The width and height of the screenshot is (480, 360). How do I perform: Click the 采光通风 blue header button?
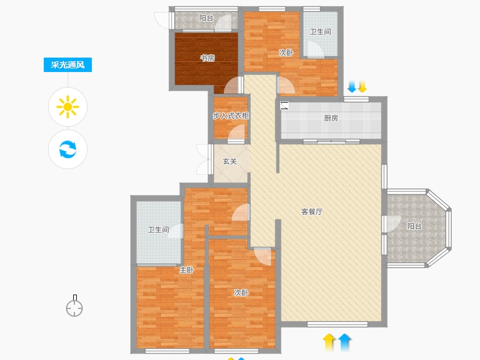(x=68, y=65)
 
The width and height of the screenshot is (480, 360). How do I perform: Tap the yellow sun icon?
(x=68, y=107)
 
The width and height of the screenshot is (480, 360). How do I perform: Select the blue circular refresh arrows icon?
(x=68, y=149)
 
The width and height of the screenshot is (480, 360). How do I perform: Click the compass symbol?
(x=74, y=306)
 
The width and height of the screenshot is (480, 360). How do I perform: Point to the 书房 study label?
(x=207, y=58)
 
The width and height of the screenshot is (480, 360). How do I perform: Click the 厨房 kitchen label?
(x=331, y=118)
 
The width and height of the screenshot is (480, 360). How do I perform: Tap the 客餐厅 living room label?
(x=312, y=212)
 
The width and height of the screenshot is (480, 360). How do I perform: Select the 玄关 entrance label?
(x=230, y=161)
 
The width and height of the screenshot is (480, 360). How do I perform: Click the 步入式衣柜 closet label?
(x=231, y=116)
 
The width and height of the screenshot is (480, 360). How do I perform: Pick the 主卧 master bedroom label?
(x=187, y=270)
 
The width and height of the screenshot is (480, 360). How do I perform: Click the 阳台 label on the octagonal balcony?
(x=415, y=226)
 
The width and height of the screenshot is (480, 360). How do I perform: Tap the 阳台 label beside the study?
(x=206, y=18)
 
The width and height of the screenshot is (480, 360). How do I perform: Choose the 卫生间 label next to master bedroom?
(x=158, y=230)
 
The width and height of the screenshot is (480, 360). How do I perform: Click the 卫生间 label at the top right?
(x=320, y=32)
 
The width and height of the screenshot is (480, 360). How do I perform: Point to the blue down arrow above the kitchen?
(x=352, y=86)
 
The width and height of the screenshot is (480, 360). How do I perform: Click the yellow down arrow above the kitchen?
(x=362, y=86)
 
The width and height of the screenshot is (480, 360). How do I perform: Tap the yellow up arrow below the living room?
(x=329, y=342)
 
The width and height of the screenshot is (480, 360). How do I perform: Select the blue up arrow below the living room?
(x=344, y=342)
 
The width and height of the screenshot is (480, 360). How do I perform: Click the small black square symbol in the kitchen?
(x=284, y=106)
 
